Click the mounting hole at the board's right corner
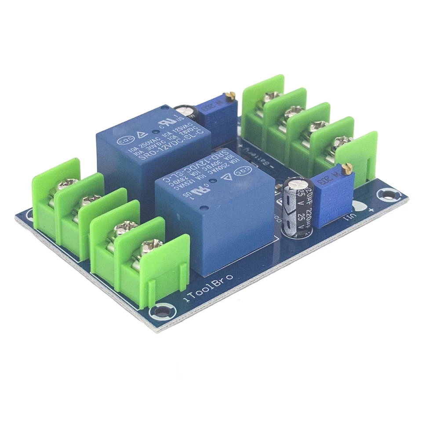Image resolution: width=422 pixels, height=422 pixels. [389, 193]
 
